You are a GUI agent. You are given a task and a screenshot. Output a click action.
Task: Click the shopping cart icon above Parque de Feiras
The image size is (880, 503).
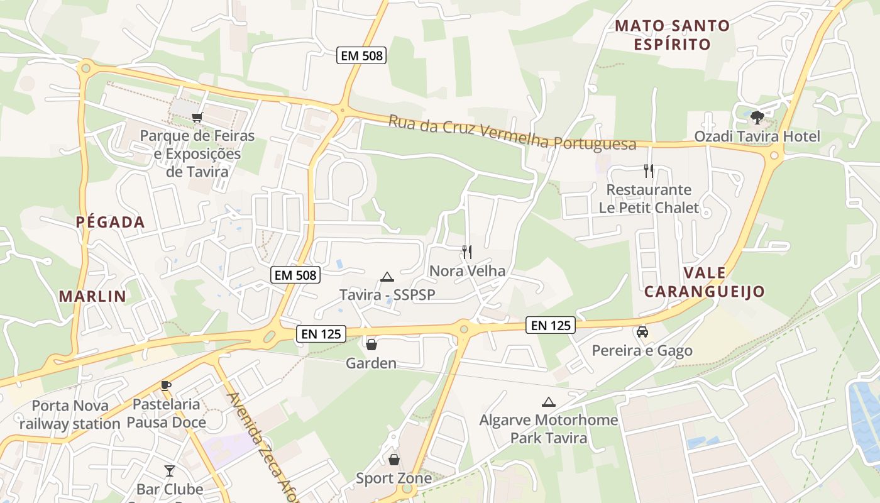click(x=197, y=117)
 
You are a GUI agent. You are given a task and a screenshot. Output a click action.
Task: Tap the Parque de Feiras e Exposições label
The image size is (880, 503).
click(x=197, y=153)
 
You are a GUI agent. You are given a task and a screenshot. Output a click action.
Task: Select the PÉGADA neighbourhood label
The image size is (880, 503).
click(x=111, y=222)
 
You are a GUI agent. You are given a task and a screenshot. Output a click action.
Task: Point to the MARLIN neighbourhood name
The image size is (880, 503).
click(x=93, y=296)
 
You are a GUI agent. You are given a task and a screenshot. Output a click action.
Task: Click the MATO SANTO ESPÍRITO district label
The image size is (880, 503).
click(x=672, y=35)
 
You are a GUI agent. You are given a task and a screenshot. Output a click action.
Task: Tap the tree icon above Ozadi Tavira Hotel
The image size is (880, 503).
click(x=757, y=117)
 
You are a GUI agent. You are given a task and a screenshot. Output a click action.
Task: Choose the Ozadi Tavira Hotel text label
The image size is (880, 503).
click(x=757, y=136)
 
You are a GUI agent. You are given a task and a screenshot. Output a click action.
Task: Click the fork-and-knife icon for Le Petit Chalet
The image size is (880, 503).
click(x=649, y=170)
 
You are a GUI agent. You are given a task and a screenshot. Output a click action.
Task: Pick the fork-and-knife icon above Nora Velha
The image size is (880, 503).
click(x=467, y=252)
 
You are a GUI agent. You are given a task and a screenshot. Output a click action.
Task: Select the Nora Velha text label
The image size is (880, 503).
click(x=467, y=271)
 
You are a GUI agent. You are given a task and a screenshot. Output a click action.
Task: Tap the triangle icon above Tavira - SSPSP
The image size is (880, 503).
click(x=387, y=277)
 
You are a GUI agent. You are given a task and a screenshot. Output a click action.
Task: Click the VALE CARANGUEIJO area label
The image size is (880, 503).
click(x=704, y=282)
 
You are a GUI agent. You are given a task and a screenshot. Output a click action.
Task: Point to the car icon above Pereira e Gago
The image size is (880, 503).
click(x=642, y=331)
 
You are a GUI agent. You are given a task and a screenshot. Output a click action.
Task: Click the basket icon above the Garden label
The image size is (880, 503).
click(x=371, y=345)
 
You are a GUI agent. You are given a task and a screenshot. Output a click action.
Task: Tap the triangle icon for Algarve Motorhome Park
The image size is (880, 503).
click(x=548, y=402)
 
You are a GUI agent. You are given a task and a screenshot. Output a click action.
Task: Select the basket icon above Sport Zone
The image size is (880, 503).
click(x=394, y=460)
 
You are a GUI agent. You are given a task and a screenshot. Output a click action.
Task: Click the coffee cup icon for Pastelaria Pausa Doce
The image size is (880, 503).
click(x=166, y=385)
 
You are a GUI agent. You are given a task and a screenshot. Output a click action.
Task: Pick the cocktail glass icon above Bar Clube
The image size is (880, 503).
click(x=170, y=470)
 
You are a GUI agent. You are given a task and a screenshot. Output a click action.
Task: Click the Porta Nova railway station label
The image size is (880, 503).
click(x=70, y=415)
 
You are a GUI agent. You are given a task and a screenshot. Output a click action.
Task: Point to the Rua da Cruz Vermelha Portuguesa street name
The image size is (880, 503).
click(x=512, y=132)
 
